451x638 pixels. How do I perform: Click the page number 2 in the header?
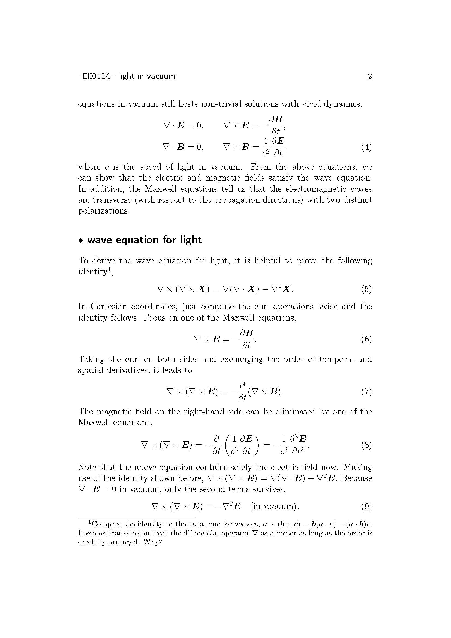click(x=370, y=76)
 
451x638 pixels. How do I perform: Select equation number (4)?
click(x=366, y=147)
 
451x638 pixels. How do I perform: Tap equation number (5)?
click(x=366, y=289)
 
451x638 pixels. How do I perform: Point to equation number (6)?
click(x=366, y=339)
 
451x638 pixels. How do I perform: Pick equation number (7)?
click(x=366, y=392)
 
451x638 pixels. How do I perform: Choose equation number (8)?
click(x=366, y=445)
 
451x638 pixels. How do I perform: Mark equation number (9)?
click(x=366, y=507)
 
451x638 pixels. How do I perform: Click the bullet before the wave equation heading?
click(x=81, y=241)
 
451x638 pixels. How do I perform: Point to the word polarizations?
click(x=104, y=211)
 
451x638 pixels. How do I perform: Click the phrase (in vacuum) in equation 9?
click(x=274, y=507)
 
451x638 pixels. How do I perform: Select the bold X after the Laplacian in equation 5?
click(x=286, y=289)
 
